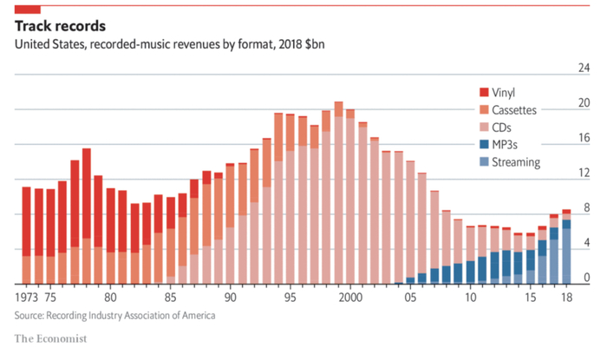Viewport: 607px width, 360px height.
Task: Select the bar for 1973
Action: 27,234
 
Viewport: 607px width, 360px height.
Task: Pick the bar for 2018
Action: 566,247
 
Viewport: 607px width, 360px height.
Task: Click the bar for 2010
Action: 471,255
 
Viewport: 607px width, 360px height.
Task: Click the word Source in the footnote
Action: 32,316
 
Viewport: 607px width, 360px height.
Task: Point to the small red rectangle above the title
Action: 28,8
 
